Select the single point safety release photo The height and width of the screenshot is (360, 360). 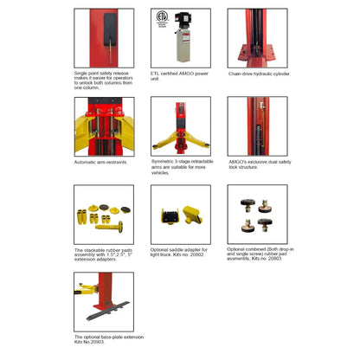pos(103,38)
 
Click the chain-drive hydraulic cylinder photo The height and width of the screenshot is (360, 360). pos(257,38)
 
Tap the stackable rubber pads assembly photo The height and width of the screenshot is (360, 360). pos(103,214)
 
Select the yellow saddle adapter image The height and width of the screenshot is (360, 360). pos(180,214)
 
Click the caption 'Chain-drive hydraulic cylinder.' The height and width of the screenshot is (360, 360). pos(259,74)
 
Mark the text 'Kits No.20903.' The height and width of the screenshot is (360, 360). pos(89,343)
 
